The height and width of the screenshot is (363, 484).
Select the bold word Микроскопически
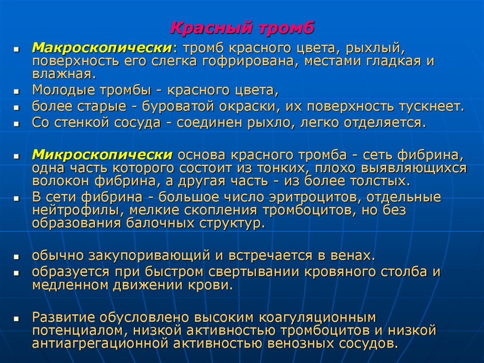pyautogui.click(x=102, y=155)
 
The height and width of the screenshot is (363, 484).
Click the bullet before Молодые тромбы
pyautogui.click(x=16, y=91)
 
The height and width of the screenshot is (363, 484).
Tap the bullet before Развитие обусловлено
pyautogui.click(x=16, y=318)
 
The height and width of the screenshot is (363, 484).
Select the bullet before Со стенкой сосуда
pyautogui.click(x=16, y=124)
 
